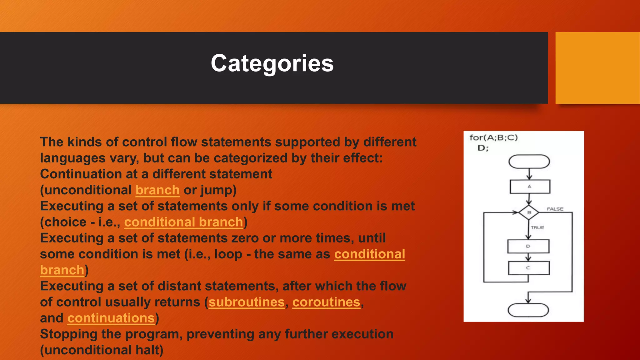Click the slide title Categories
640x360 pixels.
[x=272, y=63]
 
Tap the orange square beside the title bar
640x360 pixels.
[x=597, y=67]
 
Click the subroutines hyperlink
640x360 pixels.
[x=246, y=302]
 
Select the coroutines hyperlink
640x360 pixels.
[x=326, y=302]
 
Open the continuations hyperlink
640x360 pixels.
[x=111, y=318]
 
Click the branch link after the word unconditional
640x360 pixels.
[x=157, y=190]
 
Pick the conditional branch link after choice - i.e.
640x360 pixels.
[x=183, y=222]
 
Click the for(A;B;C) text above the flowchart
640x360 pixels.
[x=493, y=138]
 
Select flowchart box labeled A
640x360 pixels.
[x=530, y=187]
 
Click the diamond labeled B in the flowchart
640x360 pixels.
[x=529, y=212]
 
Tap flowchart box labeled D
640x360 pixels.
[x=528, y=246]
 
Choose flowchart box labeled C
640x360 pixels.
[x=528, y=268]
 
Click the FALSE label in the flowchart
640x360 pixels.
[x=555, y=209]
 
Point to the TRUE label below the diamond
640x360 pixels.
[x=537, y=227]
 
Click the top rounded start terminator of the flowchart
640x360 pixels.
[x=529, y=162]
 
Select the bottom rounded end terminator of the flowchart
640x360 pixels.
[x=528, y=310]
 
